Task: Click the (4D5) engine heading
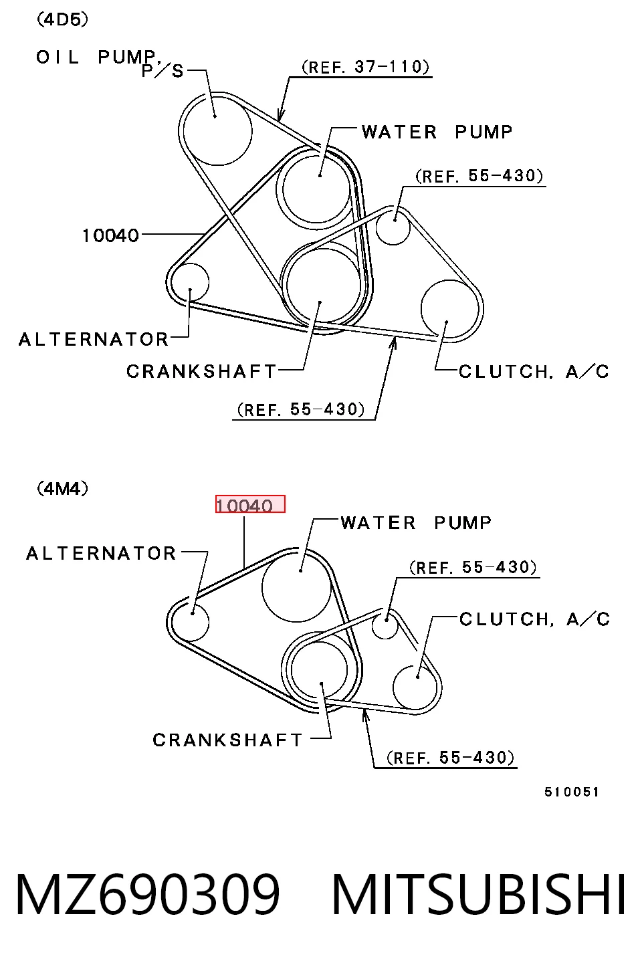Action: (x=62, y=19)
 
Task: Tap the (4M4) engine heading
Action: (x=62, y=489)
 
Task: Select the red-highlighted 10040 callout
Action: (x=250, y=504)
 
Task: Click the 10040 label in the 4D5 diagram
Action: (x=110, y=236)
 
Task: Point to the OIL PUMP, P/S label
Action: (x=110, y=64)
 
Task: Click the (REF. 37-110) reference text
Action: (x=365, y=67)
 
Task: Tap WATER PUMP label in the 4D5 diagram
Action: (x=437, y=132)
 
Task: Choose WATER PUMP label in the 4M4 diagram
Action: (x=416, y=523)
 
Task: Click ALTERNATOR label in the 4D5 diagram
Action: (x=93, y=340)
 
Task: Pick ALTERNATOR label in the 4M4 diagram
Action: (x=101, y=554)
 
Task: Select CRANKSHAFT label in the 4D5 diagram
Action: (x=201, y=372)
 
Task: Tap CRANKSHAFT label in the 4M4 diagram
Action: (x=227, y=740)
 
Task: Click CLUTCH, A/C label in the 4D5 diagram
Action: (x=534, y=372)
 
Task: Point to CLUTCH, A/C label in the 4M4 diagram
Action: (x=535, y=619)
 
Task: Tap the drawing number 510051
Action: (x=572, y=792)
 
